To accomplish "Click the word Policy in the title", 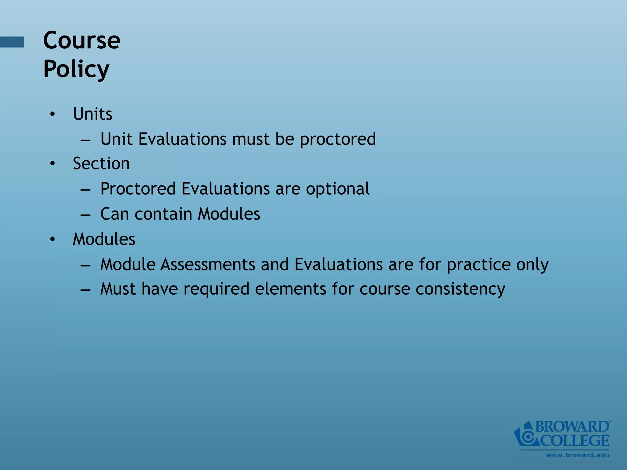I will pos(76,69).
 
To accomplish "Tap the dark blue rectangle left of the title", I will pos(12,42).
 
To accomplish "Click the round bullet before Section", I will pos(53,163).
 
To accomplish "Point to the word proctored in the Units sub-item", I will pos(338,139).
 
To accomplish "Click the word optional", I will pos(338,189).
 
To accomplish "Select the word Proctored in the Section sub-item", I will pos(138,188).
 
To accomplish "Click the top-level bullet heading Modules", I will pos(104,239).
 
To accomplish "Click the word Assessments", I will pos(208,264).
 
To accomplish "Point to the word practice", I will pos(479,265).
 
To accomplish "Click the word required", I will pos(216,289).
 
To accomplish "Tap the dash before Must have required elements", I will pos(85,289).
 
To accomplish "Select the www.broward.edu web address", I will pos(578,455).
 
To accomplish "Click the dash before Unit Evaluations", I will pos(85,140).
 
